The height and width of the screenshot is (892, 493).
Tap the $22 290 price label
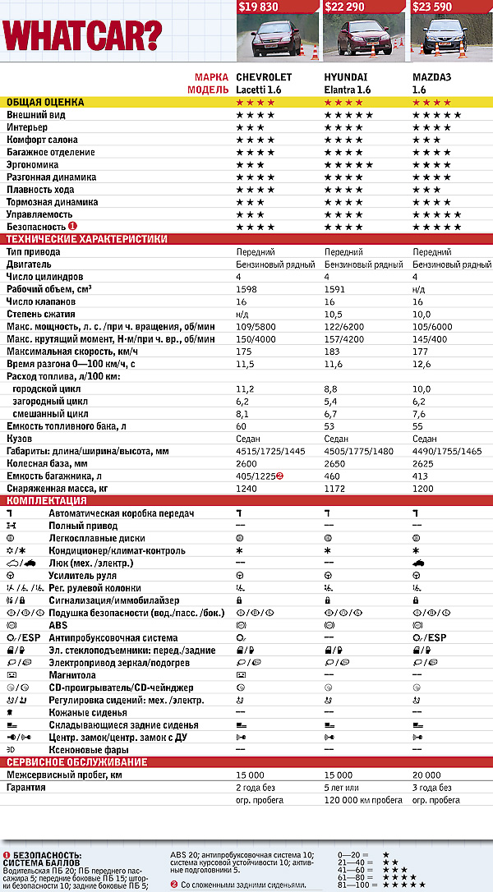(347, 7)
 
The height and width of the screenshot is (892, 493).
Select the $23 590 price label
(435, 7)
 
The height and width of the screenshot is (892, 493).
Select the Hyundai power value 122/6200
(344, 326)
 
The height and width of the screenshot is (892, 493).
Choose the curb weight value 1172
(334, 488)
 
